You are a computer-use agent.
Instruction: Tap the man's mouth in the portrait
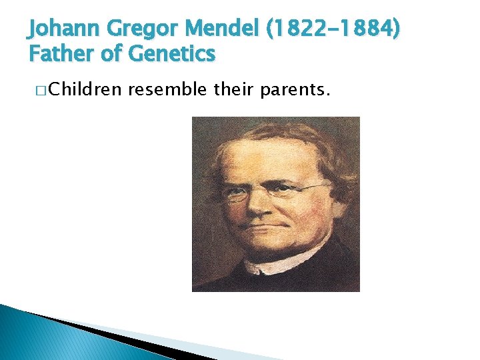tap(263, 229)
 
